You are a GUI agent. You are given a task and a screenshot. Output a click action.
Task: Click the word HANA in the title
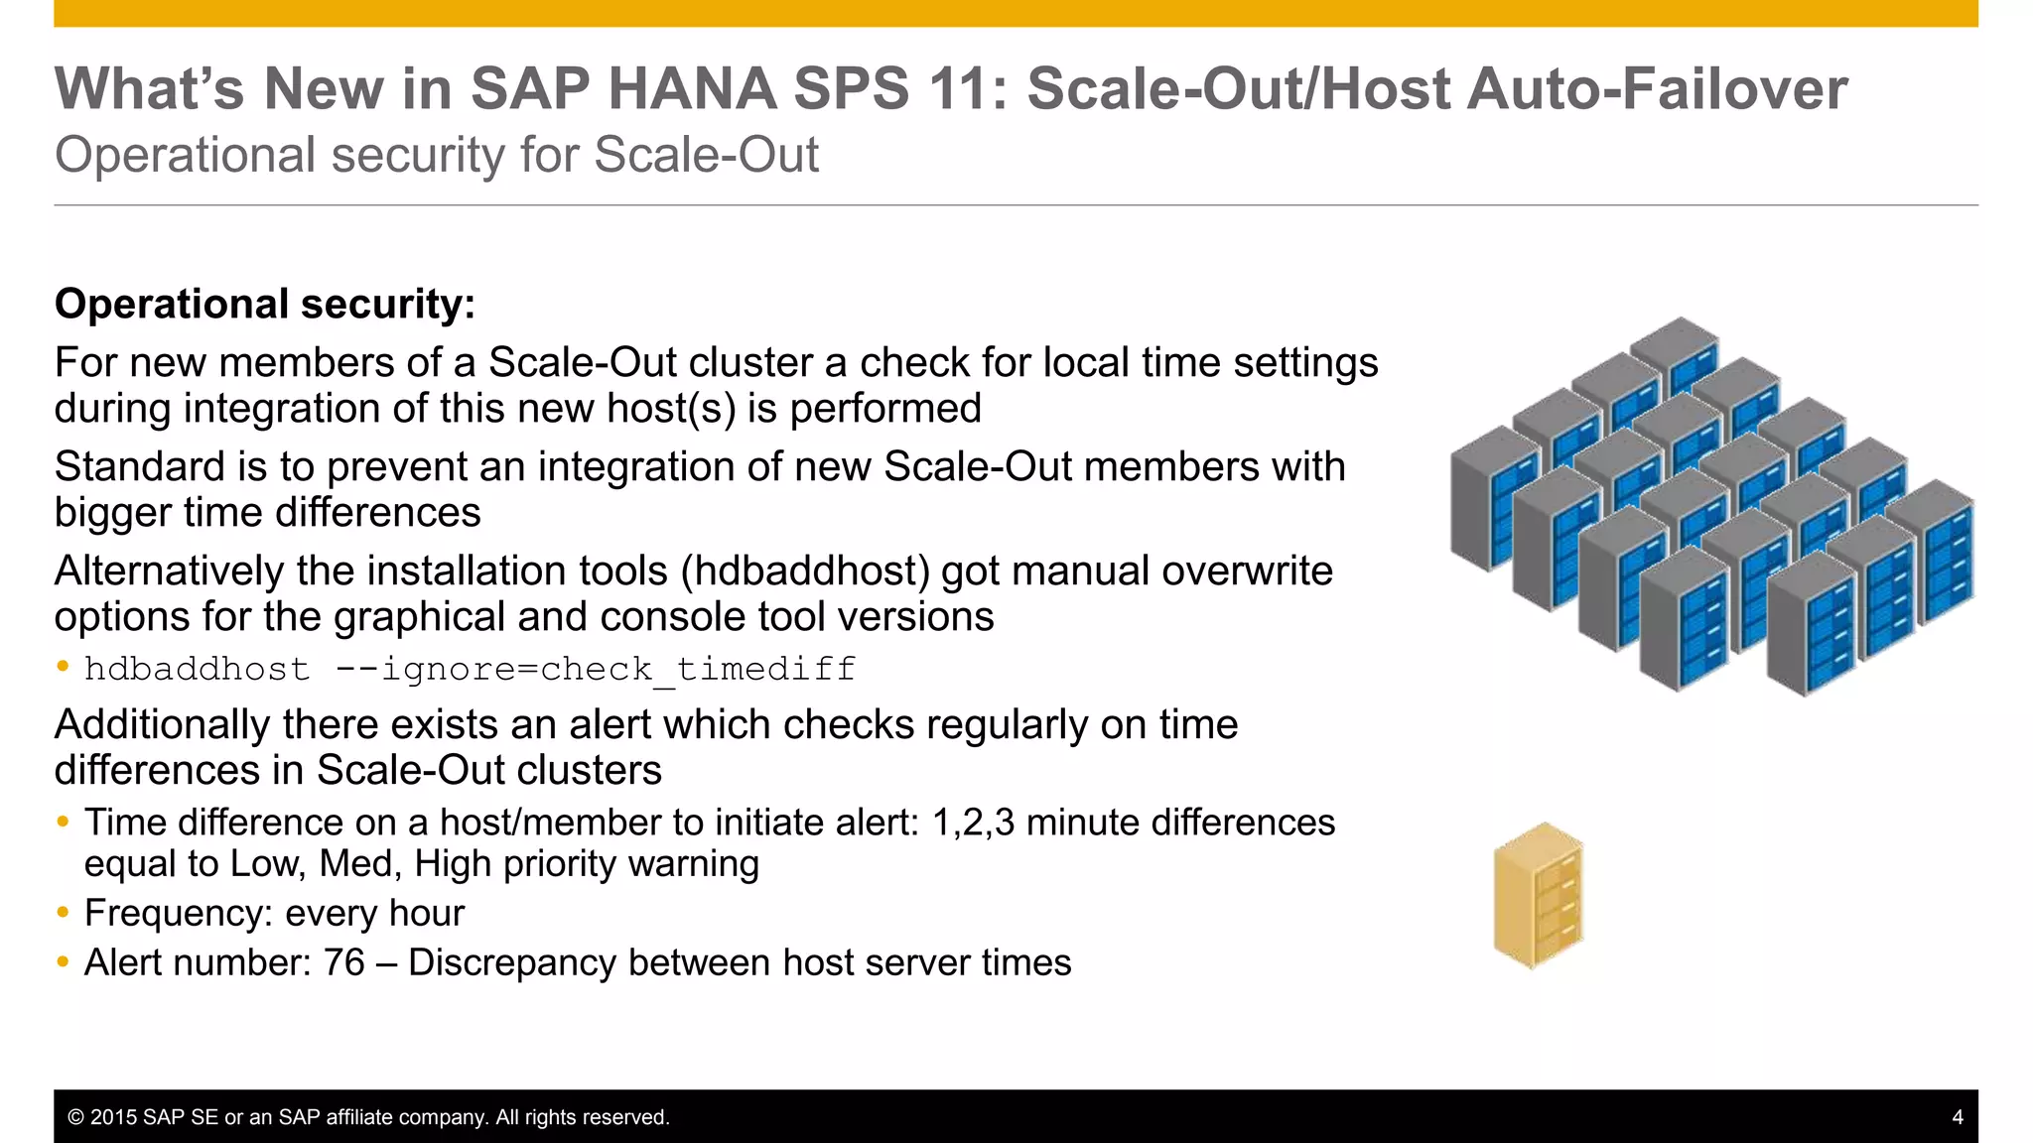point(692,89)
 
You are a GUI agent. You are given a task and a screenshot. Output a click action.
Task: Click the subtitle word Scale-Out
point(706,156)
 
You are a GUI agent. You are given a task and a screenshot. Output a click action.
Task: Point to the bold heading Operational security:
point(265,304)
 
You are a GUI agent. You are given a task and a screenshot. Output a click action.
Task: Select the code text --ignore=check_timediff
point(595,670)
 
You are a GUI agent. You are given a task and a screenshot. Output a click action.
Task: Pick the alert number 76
point(344,962)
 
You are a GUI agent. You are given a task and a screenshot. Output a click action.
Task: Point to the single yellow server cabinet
point(1538,896)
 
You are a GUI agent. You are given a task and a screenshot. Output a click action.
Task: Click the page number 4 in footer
point(1958,1117)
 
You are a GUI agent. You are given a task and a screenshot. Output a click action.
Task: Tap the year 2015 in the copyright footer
point(113,1117)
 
